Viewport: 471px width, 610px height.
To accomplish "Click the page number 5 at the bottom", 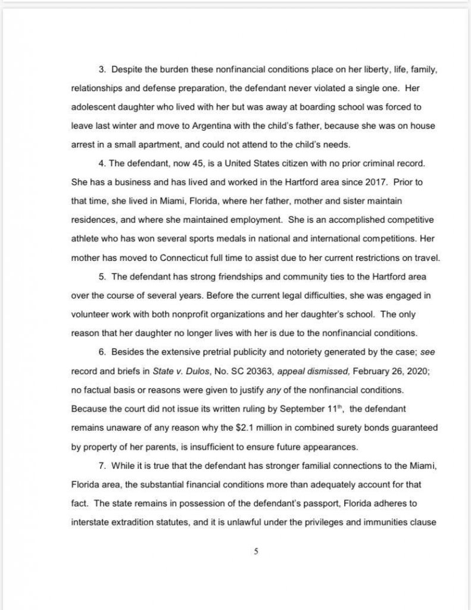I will click(255, 551).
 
